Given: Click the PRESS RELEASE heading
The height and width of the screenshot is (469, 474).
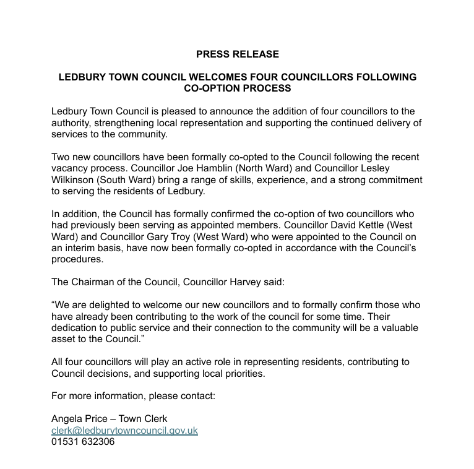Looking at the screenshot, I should coord(238,54).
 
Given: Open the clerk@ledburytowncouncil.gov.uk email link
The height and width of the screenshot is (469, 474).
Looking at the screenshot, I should coord(124,430).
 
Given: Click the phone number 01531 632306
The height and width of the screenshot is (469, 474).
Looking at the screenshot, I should coord(83,442).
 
